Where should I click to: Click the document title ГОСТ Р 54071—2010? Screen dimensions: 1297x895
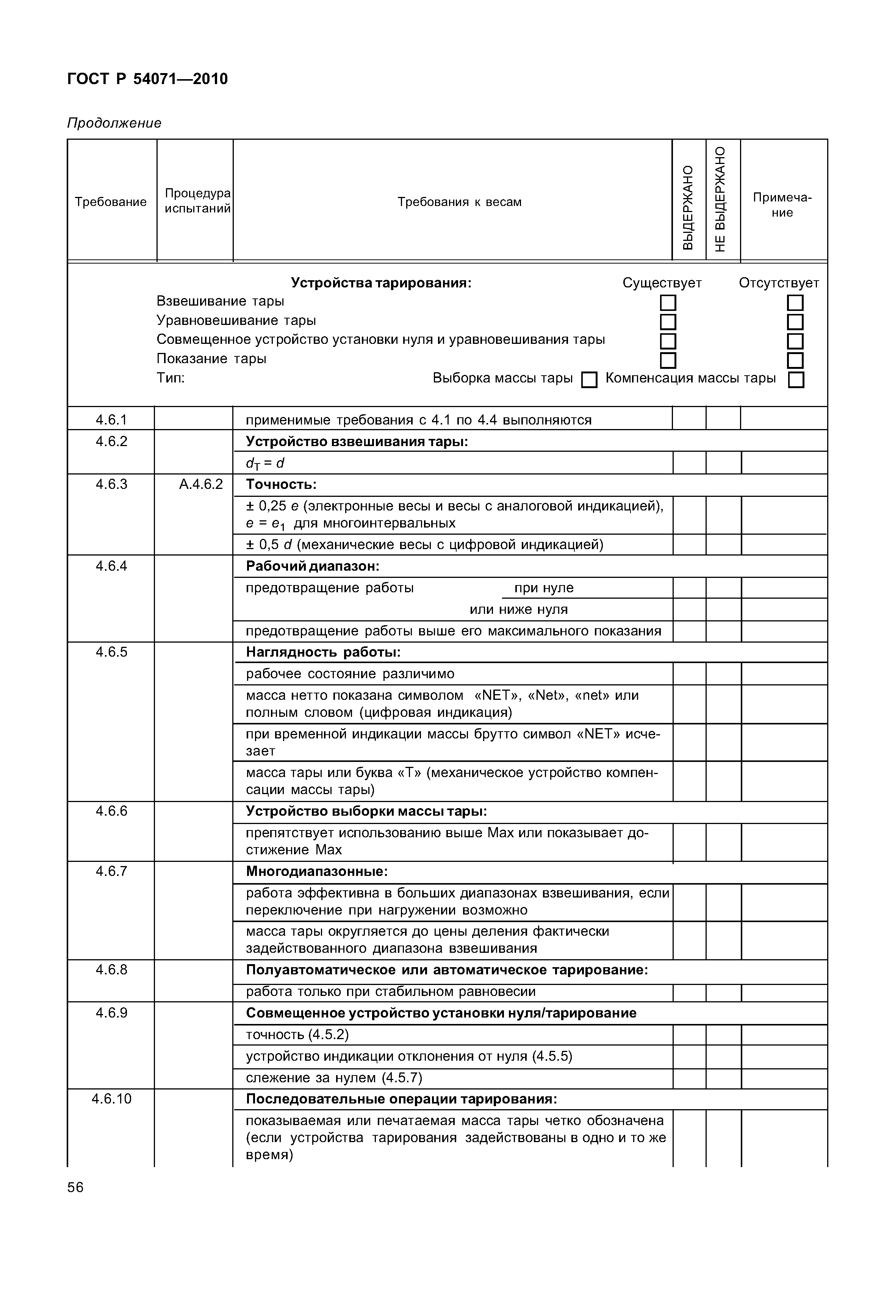147,79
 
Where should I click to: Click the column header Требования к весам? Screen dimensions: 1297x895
459,202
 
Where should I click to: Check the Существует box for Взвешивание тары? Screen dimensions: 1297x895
668,303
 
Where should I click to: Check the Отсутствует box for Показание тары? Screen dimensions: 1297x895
795,361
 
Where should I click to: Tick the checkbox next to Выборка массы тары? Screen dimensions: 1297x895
589,381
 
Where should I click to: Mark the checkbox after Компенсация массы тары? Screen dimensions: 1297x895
795,381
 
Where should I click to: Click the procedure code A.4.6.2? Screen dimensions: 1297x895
201,484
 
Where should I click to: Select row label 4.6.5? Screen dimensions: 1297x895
112,652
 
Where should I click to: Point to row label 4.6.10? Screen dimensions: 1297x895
112,1099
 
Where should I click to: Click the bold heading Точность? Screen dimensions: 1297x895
281,484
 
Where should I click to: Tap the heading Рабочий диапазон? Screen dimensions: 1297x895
312,566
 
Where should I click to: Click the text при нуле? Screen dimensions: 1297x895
544,588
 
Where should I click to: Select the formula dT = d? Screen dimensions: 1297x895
265,464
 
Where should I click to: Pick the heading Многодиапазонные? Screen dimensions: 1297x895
317,872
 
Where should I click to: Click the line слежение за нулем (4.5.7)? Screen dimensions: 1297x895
334,1078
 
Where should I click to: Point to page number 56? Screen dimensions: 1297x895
75,1187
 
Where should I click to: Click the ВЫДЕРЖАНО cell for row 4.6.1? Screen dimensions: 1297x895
689,419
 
